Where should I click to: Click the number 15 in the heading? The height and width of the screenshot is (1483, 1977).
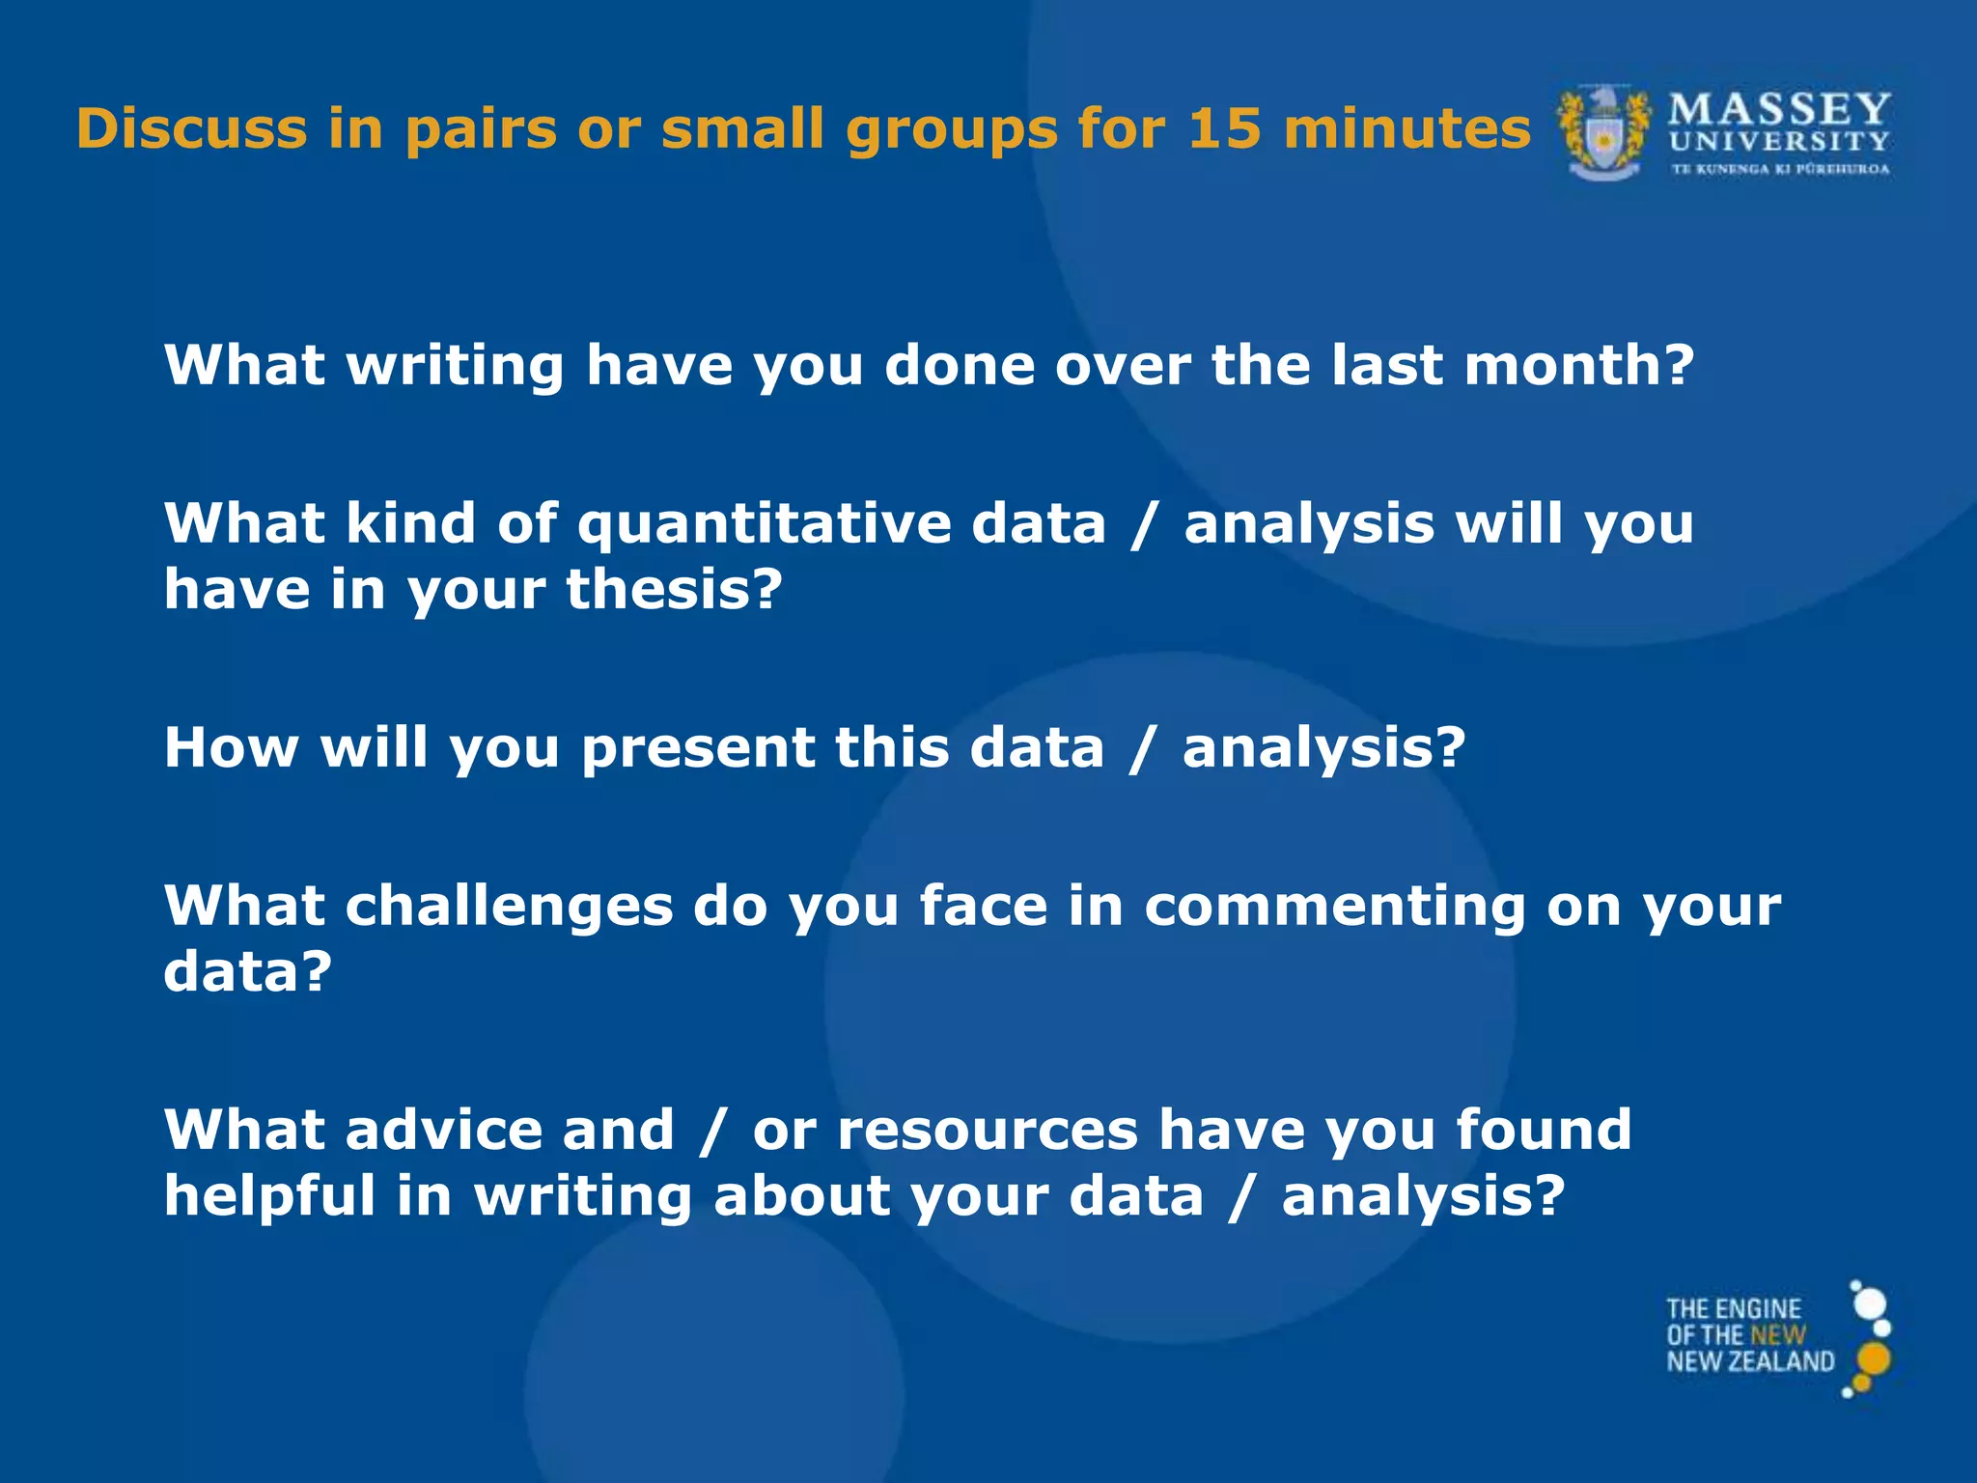pyautogui.click(x=1223, y=128)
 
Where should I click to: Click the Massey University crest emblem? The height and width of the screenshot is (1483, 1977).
pyautogui.click(x=1603, y=133)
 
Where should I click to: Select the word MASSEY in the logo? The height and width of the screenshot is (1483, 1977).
pyautogui.click(x=1779, y=109)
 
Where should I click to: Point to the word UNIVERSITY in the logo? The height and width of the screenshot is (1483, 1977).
pyautogui.click(x=1779, y=142)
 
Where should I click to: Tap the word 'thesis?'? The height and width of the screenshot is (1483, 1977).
pyautogui.click(x=674, y=589)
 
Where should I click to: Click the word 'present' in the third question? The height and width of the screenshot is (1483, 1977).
pyautogui.click(x=699, y=749)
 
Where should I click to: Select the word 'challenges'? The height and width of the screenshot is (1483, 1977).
pyautogui.click(x=510, y=908)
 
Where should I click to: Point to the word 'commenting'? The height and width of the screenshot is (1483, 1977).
pyautogui.click(x=1333, y=908)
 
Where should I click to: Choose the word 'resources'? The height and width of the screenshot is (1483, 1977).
pyautogui.click(x=988, y=1132)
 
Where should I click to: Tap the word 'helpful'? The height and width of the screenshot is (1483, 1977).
pyautogui.click(x=268, y=1195)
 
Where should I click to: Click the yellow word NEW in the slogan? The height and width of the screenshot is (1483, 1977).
pyautogui.click(x=1777, y=1335)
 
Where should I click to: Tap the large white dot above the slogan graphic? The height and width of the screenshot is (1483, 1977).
pyautogui.click(x=1871, y=1303)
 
